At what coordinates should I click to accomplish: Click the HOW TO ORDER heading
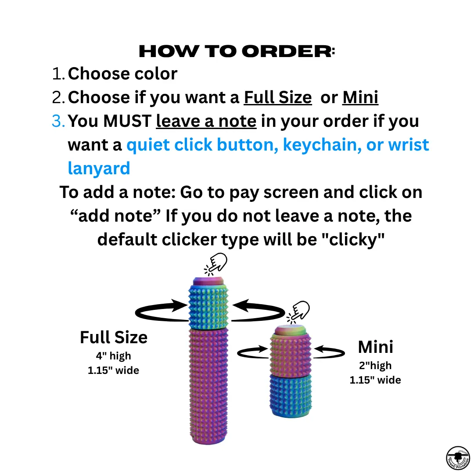(237, 51)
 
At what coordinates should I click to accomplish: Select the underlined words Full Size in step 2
(278, 97)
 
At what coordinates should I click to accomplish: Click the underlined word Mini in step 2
(360, 97)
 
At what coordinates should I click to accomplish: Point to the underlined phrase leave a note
(206, 121)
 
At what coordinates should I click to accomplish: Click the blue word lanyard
(99, 169)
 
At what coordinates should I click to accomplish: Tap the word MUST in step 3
(127, 121)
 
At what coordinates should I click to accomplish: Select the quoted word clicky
(353, 240)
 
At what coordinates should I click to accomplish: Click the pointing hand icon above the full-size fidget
(216, 264)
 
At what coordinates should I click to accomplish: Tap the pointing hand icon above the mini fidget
(298, 312)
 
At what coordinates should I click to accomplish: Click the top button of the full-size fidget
(208, 281)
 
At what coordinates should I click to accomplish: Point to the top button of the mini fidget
(291, 330)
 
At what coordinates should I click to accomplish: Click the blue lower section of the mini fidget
(291, 396)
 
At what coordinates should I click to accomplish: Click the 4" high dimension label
(113, 356)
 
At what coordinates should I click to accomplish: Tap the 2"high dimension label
(375, 366)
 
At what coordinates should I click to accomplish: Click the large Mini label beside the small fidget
(375, 347)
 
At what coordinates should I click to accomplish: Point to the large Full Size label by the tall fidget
(114, 338)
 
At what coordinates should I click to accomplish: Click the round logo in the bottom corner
(458, 458)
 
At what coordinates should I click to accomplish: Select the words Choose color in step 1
(122, 73)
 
